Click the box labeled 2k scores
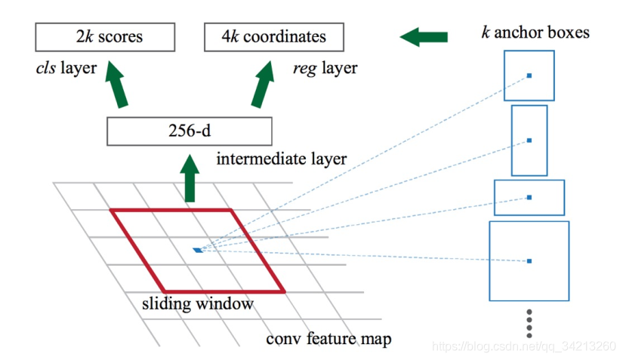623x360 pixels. click(105, 36)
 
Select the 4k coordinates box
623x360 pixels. click(274, 36)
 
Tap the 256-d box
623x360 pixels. click(189, 131)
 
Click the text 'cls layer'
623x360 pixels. click(66, 69)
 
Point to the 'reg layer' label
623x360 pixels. click(325, 69)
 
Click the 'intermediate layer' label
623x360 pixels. click(282, 160)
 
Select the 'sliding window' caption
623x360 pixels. click(198, 305)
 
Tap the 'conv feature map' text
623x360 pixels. click(329, 339)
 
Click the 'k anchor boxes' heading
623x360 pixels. click(535, 32)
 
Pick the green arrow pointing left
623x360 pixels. click(424, 36)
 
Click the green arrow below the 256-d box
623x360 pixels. click(189, 176)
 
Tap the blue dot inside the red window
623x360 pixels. click(197, 250)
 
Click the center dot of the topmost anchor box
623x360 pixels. click(529, 75)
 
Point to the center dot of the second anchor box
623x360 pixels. click(529, 140)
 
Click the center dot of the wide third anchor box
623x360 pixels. click(529, 197)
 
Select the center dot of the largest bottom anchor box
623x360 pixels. click(529, 261)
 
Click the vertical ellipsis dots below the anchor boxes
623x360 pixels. click(529, 323)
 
